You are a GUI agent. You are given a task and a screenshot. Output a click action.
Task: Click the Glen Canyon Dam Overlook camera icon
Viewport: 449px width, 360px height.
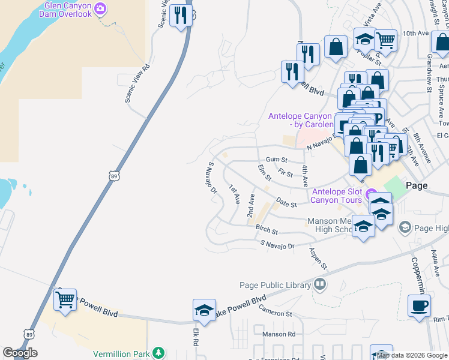point(100,9)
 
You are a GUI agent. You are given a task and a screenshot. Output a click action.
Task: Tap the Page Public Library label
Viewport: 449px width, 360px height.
point(276,285)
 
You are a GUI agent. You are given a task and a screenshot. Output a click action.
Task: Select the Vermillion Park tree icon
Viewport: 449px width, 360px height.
point(158,353)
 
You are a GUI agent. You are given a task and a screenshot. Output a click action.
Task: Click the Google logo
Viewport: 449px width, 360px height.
point(20,353)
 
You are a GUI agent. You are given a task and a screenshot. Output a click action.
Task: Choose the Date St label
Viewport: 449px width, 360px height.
point(286,204)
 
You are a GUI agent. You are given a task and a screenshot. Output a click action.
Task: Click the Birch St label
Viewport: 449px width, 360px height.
point(267,230)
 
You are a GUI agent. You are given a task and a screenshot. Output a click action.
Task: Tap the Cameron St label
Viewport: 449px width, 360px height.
point(275,310)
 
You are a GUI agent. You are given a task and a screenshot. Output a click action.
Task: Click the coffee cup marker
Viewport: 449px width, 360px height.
point(419,305)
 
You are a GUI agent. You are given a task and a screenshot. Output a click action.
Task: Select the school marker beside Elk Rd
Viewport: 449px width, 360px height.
point(204,310)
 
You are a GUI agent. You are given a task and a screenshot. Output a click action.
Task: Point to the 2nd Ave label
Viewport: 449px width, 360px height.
point(251,206)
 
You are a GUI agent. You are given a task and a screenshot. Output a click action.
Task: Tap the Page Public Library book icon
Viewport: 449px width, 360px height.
point(321,284)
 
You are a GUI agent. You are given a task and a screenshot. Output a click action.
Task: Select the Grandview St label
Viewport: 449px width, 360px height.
point(429,74)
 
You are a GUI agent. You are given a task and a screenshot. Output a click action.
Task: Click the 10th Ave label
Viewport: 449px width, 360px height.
point(417,34)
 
